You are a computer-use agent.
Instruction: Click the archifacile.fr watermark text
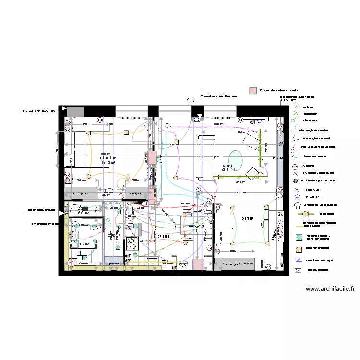[330, 289]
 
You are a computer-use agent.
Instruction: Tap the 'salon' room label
[227, 166]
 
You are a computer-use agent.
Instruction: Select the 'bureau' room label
[248, 218]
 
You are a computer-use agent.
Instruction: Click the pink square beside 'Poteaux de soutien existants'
[252, 90]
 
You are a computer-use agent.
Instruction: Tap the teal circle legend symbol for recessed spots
[299, 237]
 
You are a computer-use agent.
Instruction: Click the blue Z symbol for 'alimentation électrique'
[298, 260]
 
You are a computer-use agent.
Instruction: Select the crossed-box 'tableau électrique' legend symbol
[298, 270]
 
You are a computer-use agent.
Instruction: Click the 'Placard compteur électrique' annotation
[219, 96]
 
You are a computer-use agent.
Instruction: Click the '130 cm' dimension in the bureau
[234, 251]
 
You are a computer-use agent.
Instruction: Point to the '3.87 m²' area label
[84, 244]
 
